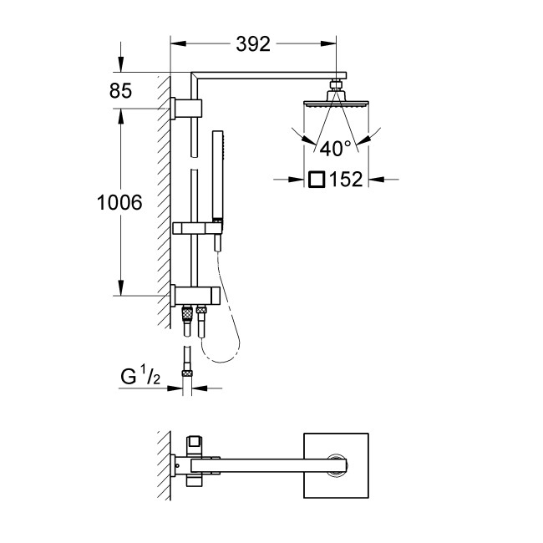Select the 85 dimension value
pos(120,91)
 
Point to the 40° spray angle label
pos(335,149)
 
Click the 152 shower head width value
pos(345,179)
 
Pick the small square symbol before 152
pos(316,179)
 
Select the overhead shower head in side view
pos(335,102)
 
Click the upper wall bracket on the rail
pos(188,108)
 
